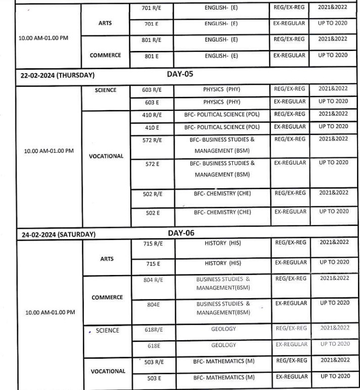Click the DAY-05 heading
point(180,74)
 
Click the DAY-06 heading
point(181,233)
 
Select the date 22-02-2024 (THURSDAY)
point(57,76)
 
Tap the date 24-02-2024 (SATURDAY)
point(58,235)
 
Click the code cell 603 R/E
point(153,89)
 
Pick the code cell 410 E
point(152,128)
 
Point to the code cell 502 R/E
point(153,194)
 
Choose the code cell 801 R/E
point(153,40)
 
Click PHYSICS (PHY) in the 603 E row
point(222,102)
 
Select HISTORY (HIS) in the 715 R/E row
point(223,243)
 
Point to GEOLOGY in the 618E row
point(224,345)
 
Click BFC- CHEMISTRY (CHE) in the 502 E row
point(222,213)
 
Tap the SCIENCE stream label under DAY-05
point(106,90)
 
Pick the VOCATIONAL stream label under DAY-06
point(108,371)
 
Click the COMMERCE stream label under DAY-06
point(107,298)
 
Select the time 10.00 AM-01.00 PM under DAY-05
point(49,151)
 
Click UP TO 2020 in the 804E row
point(334,303)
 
